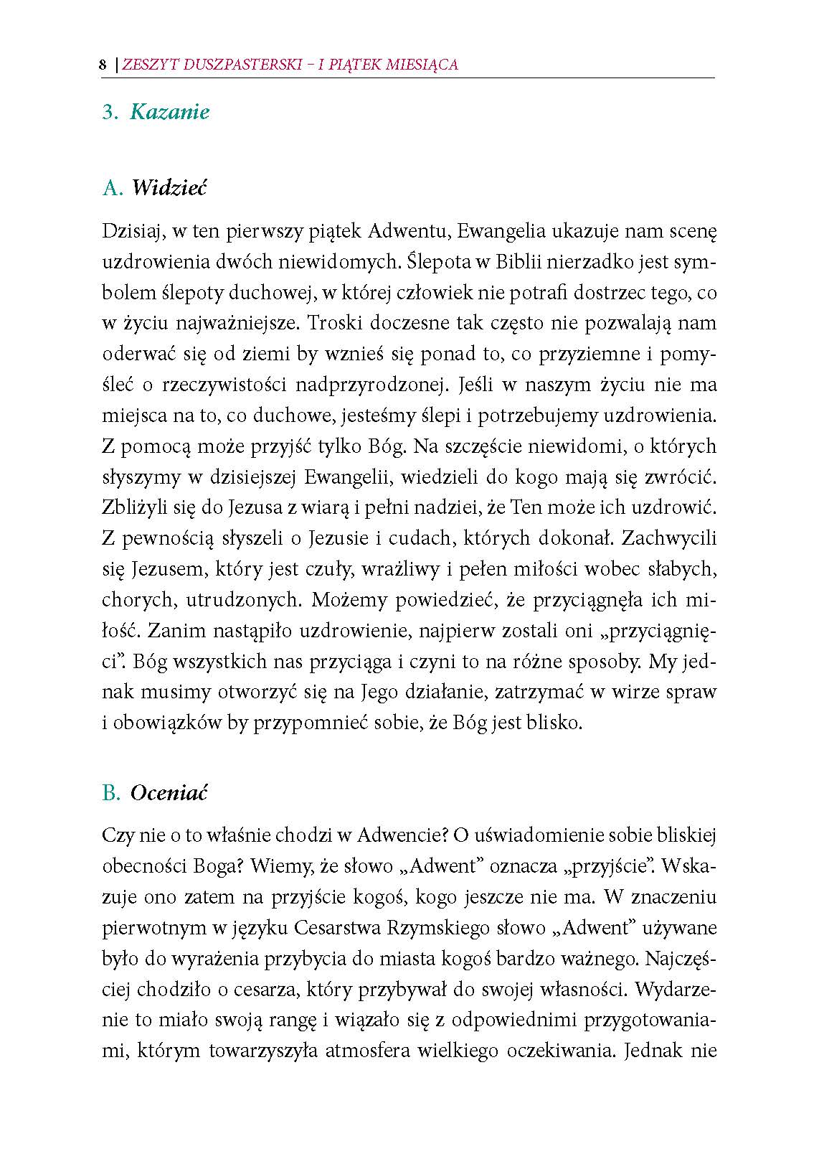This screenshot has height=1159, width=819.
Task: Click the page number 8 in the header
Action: [x=102, y=65]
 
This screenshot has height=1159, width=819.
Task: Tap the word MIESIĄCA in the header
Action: [x=425, y=65]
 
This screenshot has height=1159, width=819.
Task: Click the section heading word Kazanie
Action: [x=169, y=112]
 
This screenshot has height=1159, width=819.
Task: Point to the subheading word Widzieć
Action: [x=169, y=188]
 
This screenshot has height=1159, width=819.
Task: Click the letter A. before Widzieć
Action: [x=113, y=188]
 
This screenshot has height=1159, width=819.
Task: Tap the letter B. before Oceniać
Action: [x=112, y=793]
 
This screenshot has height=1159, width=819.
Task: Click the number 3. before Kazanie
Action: [x=110, y=112]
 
